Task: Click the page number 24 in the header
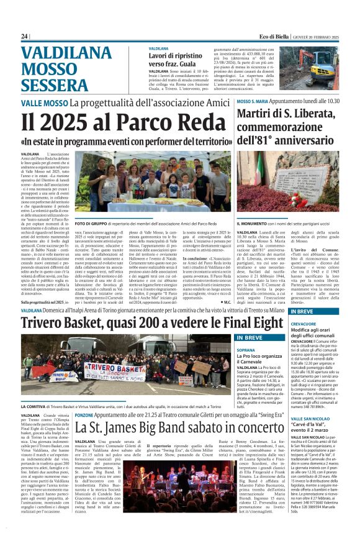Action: pyautogui.click(x=24, y=37)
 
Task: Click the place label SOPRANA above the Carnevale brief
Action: pyautogui.click(x=246, y=350)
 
